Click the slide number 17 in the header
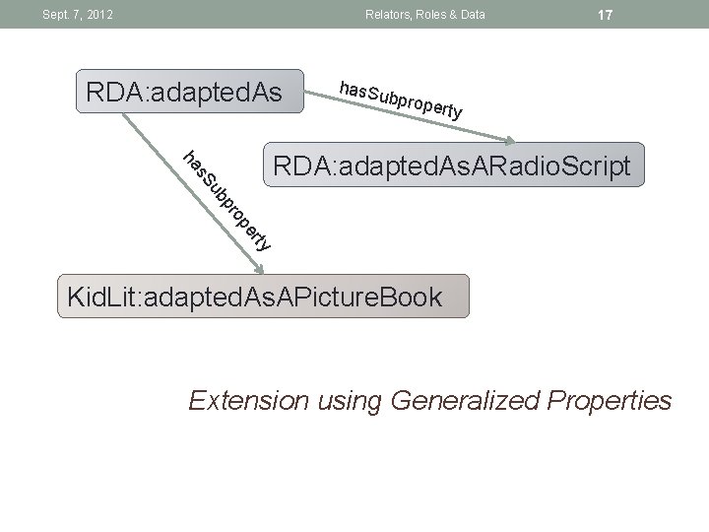click(x=606, y=15)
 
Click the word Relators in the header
click(x=387, y=15)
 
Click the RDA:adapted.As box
click(x=183, y=93)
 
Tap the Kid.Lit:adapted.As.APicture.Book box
click(x=263, y=297)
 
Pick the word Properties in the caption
click(x=611, y=401)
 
